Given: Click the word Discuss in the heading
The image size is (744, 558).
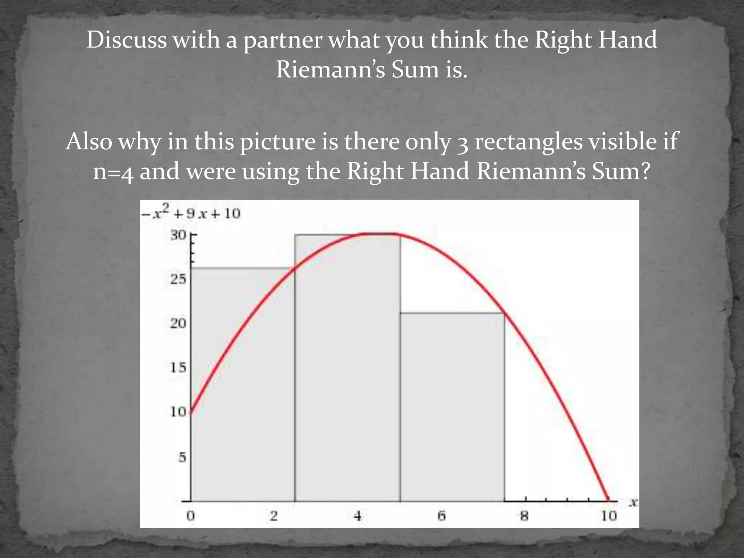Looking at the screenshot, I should coord(126,40).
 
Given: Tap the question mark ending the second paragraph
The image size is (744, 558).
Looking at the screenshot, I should coord(644,171).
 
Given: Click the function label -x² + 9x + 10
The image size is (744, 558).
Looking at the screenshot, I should coord(191,213).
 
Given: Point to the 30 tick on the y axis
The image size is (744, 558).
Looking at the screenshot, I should coord(178,235).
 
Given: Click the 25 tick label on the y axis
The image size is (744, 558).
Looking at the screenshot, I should coord(178,279).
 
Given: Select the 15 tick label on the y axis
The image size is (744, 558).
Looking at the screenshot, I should coord(178,368).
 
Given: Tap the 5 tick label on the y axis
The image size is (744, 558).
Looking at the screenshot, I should coord(182,457).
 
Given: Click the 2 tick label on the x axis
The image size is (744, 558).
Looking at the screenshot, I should coord(274,516).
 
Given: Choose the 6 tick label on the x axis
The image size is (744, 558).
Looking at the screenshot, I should coord(441,516).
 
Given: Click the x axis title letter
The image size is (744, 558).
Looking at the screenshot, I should coord(633,502).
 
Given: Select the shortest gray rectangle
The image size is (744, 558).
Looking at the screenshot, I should coord(452,407).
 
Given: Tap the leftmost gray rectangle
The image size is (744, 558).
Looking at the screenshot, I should coord(243,385).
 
